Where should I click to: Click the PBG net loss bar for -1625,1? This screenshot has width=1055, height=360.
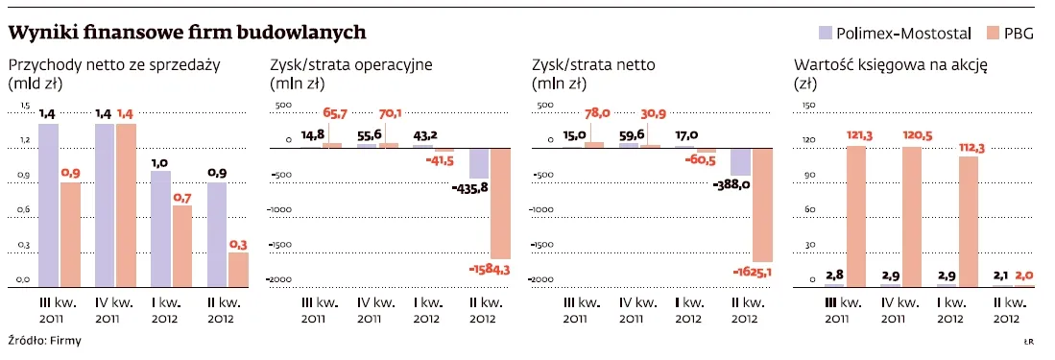coord(763,204)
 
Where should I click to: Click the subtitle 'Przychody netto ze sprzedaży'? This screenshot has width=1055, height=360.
coord(114,65)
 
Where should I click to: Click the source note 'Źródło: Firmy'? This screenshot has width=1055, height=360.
coord(44,341)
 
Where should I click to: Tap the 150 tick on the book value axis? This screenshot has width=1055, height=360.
coord(807,106)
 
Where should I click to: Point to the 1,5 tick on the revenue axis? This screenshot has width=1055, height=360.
coord(25,106)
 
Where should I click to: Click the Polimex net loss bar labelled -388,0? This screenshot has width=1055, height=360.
coord(740,161)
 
